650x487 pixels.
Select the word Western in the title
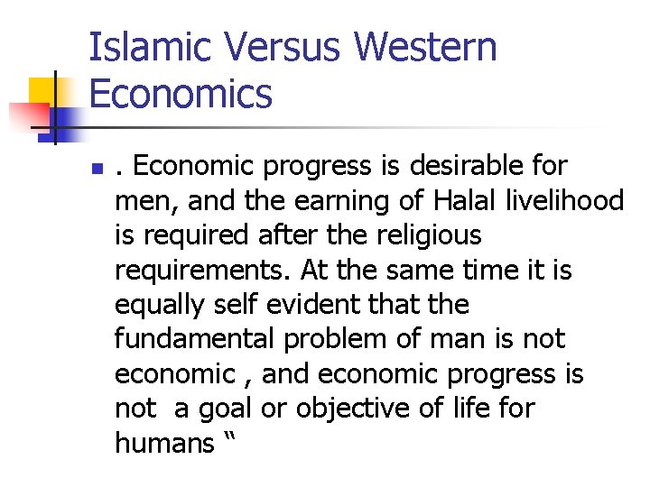[426, 48]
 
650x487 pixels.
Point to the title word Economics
[181, 94]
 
